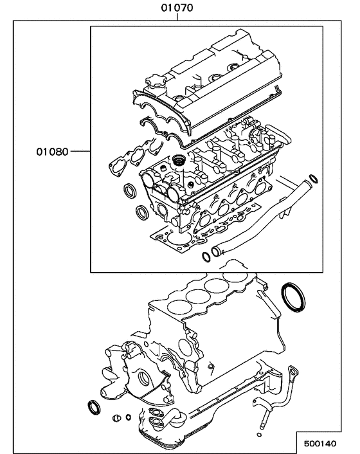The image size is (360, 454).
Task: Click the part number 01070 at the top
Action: point(177,8)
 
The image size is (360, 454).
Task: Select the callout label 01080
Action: point(52,154)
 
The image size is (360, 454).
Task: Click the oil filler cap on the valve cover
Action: point(154,84)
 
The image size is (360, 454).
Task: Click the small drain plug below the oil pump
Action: point(116,419)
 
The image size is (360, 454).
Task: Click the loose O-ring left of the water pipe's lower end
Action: point(205,257)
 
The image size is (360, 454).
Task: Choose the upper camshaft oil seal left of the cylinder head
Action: point(129,190)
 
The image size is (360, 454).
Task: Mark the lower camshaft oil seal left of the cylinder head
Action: point(141,213)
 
